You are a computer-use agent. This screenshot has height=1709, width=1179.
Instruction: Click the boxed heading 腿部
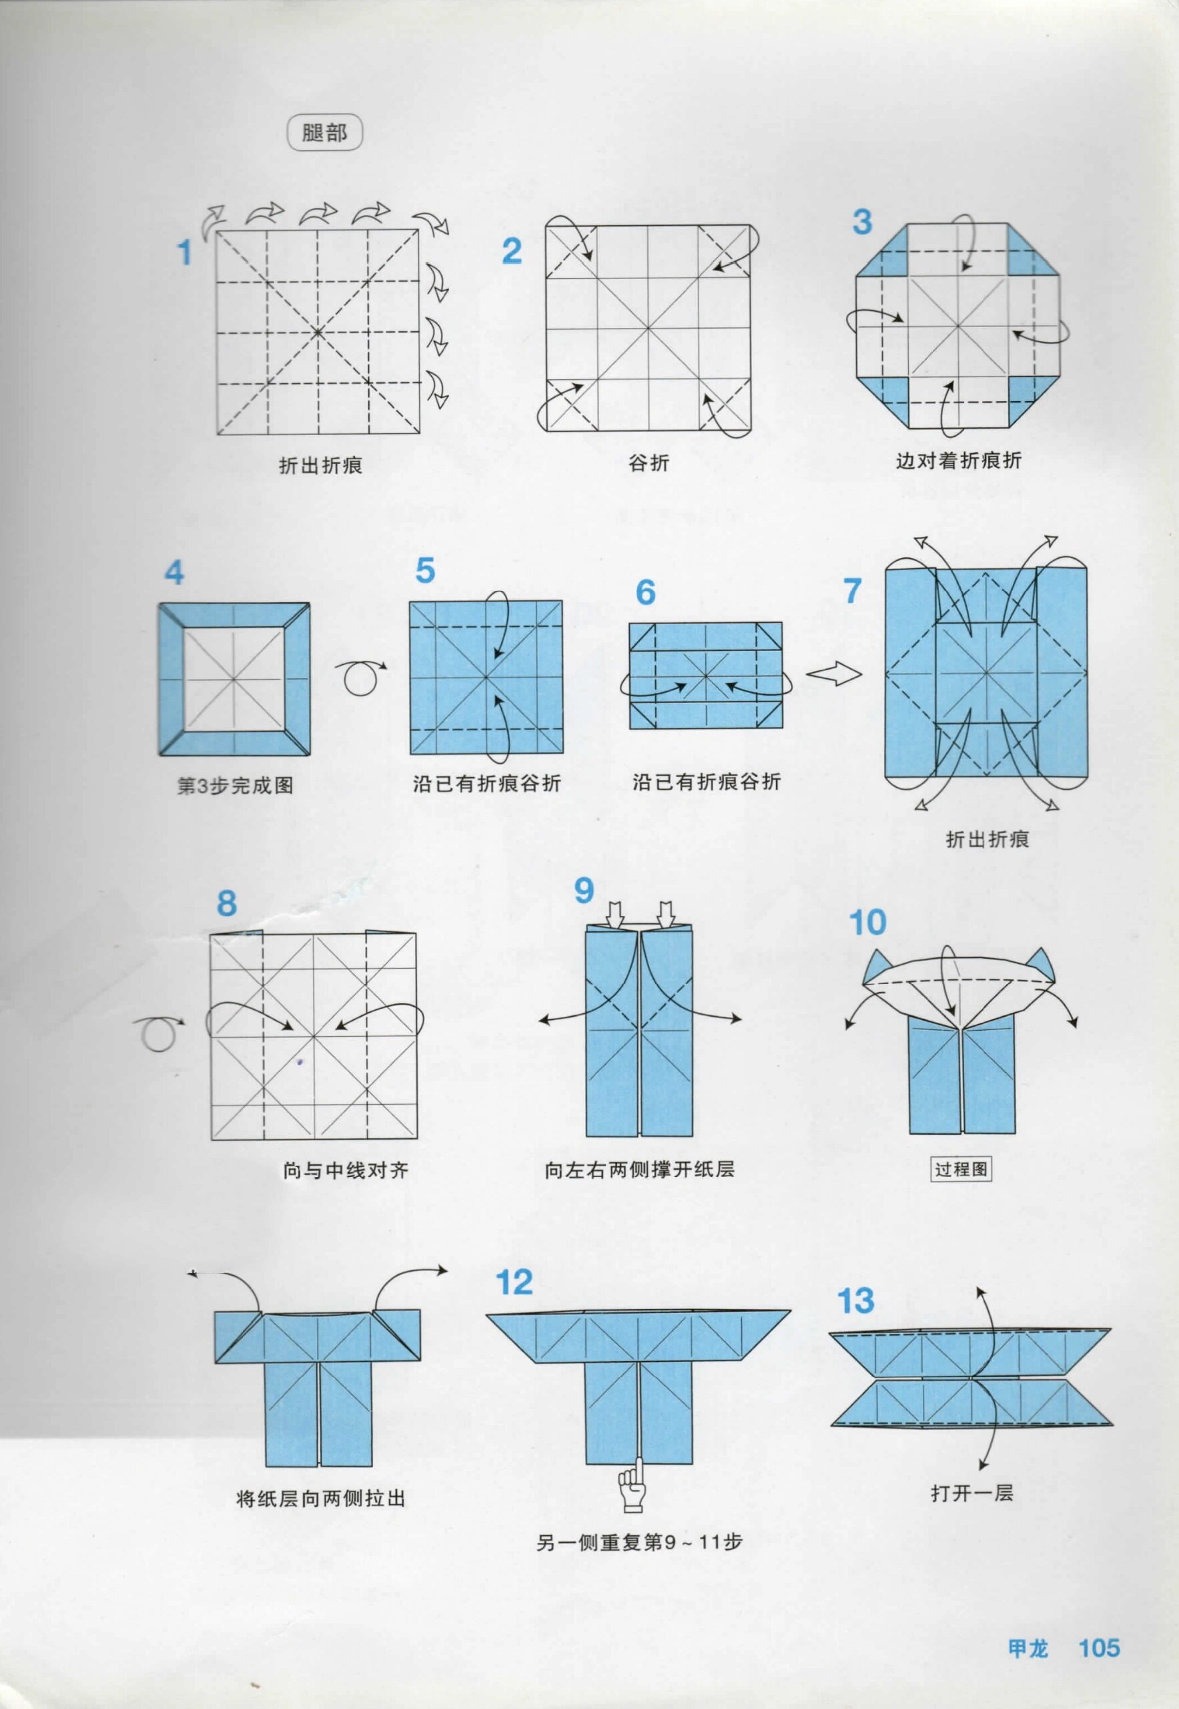(x=324, y=134)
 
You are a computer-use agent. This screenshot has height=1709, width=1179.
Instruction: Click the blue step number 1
(x=185, y=254)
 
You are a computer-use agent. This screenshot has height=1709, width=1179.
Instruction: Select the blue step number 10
(x=867, y=922)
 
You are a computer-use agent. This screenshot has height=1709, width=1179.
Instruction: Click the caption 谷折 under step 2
(x=649, y=463)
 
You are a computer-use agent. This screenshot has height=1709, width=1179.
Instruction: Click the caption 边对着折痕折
(x=958, y=461)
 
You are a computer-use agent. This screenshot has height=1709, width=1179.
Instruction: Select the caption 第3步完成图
(x=235, y=785)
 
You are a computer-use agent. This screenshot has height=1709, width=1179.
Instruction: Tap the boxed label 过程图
(x=960, y=1169)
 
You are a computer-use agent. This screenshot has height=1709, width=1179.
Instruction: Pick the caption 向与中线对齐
(x=345, y=1170)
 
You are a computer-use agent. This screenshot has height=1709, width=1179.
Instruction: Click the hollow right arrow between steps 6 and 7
(x=833, y=674)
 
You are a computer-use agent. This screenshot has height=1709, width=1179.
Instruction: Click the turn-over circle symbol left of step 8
(x=159, y=1034)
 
